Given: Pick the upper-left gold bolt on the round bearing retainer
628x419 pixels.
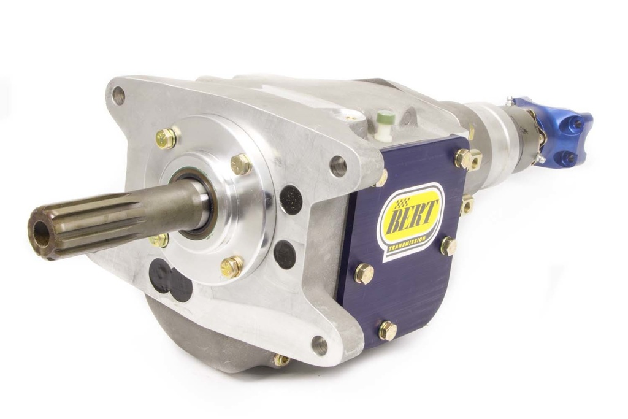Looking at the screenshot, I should pyautogui.click(x=166, y=138).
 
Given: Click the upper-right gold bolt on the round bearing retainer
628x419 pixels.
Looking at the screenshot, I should pyautogui.click(x=241, y=164).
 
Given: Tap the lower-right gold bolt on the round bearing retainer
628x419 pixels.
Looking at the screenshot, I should pyautogui.click(x=232, y=266).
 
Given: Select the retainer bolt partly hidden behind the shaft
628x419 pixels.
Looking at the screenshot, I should pyautogui.click(x=159, y=239).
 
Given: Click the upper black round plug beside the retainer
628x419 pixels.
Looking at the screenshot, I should pyautogui.click(x=291, y=199).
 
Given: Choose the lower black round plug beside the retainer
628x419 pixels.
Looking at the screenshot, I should pyautogui.click(x=285, y=253).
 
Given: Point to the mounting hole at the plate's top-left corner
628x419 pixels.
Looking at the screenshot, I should pyautogui.click(x=118, y=95).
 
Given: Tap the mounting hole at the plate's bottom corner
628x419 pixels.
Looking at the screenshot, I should pyautogui.click(x=320, y=345).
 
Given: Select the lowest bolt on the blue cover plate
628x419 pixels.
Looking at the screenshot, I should pyautogui.click(x=387, y=330).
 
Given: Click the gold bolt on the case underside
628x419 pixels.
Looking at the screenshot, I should pyautogui.click(x=281, y=359).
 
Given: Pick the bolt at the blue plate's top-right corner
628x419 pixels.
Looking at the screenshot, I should pyautogui.click(x=465, y=158).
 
